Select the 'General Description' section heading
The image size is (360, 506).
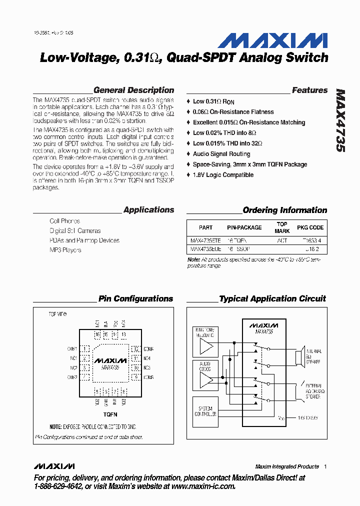click(x=133, y=90)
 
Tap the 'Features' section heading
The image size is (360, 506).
click(x=309, y=90)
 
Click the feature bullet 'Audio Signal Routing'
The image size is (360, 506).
click(x=221, y=154)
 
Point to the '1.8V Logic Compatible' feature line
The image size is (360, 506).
click(x=223, y=175)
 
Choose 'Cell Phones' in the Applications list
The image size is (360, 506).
click(x=64, y=221)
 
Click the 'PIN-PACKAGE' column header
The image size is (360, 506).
click(x=244, y=227)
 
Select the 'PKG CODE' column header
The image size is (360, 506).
click(x=310, y=227)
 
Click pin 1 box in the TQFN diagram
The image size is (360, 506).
click(x=86, y=349)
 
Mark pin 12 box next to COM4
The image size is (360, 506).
click(x=135, y=349)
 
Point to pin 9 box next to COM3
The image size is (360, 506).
click(x=135, y=377)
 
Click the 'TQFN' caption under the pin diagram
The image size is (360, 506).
click(x=110, y=414)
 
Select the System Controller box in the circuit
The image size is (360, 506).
click(x=205, y=411)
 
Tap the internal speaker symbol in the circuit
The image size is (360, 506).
click(x=298, y=357)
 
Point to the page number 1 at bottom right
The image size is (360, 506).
click(x=325, y=466)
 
